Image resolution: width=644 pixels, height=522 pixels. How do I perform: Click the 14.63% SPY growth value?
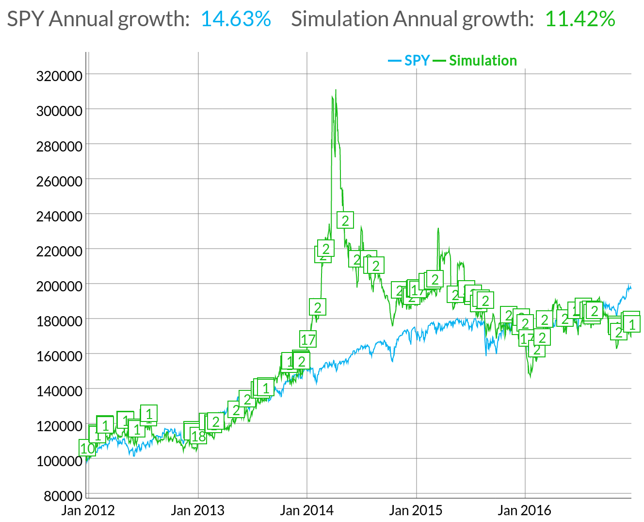click(x=236, y=19)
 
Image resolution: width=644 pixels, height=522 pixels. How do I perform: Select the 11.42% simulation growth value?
click(x=580, y=19)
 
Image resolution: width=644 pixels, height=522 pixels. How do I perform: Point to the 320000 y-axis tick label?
click(x=59, y=76)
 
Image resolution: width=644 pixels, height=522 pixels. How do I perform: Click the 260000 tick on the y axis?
click(x=59, y=181)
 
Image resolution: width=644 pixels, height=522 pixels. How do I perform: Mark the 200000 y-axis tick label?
click(x=59, y=286)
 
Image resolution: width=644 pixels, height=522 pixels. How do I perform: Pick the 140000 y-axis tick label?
click(x=59, y=391)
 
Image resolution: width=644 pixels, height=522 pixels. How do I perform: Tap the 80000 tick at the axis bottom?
click(x=63, y=496)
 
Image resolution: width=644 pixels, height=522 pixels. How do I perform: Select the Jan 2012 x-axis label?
click(x=88, y=510)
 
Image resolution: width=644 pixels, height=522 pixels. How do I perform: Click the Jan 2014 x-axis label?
click(x=307, y=510)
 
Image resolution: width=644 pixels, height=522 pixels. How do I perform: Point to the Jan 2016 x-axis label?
click(x=525, y=510)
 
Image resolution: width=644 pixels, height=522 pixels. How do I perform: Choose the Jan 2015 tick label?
click(x=416, y=510)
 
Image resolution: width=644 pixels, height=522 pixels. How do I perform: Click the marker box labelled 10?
click(x=87, y=448)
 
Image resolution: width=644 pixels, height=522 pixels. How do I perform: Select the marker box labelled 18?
click(x=198, y=436)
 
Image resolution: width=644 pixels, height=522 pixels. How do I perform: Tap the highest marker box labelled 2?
click(x=345, y=220)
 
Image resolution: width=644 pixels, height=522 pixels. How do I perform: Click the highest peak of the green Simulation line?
click(x=336, y=90)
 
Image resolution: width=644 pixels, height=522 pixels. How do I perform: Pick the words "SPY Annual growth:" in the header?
click(x=98, y=19)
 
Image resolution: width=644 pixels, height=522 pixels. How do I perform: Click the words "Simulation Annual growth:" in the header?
click(x=412, y=19)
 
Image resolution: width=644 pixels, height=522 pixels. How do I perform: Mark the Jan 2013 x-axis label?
click(x=198, y=510)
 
